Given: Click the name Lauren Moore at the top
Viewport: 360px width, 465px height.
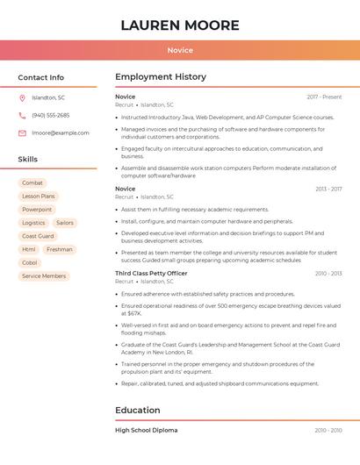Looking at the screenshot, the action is [x=180, y=25].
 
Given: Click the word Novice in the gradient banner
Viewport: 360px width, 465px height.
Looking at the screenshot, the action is [x=180, y=50].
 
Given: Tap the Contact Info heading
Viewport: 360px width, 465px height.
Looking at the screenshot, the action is [x=41, y=77].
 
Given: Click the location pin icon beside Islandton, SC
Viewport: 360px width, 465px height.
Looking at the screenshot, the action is [x=22, y=97].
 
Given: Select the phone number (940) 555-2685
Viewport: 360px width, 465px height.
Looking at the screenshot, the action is [x=50, y=115].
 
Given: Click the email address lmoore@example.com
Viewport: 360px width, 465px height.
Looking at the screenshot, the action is [x=61, y=132].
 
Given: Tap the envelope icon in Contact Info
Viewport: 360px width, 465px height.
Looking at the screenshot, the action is [x=22, y=132].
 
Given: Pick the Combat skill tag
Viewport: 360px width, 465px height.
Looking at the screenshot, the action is [x=32, y=183].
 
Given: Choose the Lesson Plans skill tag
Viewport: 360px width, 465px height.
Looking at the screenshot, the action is [x=39, y=197].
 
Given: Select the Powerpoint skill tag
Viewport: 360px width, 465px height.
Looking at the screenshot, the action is [x=37, y=210].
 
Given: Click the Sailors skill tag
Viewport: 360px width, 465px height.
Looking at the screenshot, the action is [x=65, y=223].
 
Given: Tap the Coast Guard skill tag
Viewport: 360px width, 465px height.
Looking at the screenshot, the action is [x=38, y=236].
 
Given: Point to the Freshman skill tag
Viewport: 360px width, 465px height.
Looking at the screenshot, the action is [x=60, y=249].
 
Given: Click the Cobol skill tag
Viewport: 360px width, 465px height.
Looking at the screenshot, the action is [x=30, y=262].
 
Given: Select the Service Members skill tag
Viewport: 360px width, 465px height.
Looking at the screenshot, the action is [x=44, y=275].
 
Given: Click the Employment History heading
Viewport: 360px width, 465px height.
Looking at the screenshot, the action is [x=161, y=77].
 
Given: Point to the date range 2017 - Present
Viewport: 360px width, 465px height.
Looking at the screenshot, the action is [x=324, y=97].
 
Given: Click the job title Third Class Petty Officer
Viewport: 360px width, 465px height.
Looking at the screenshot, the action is [x=151, y=273].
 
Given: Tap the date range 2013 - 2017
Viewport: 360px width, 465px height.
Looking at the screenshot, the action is [x=328, y=189].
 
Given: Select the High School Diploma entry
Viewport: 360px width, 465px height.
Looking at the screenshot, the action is [x=146, y=430].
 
